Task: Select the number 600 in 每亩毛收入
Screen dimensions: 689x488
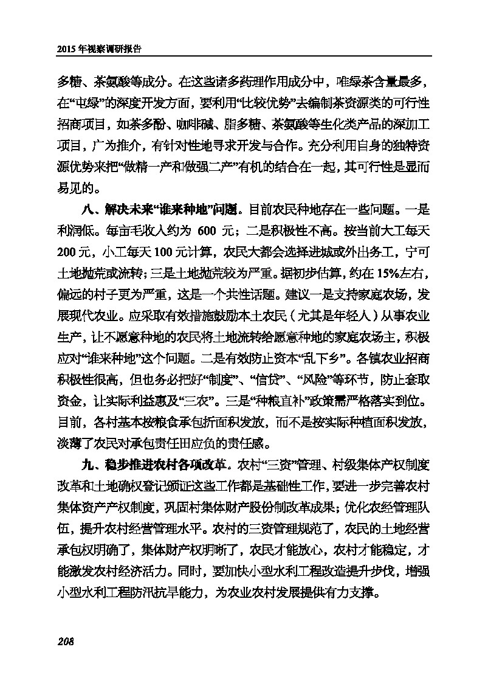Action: [x=207, y=232]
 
